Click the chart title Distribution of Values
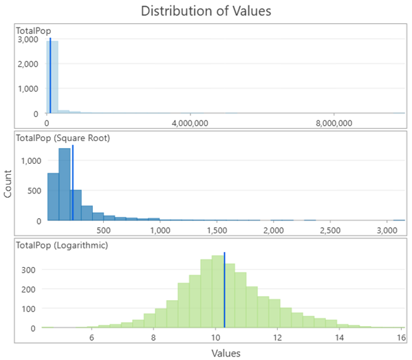(206, 11)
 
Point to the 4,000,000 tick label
(189, 123)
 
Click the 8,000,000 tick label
(334, 123)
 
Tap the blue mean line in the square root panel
(73, 182)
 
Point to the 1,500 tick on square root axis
(217, 230)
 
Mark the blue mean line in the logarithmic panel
(225, 289)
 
